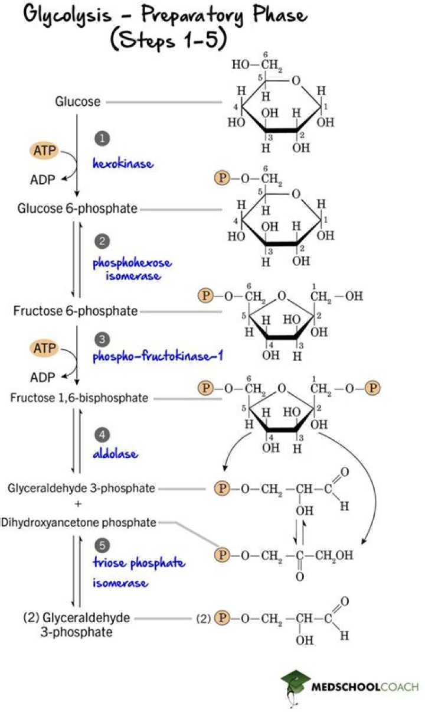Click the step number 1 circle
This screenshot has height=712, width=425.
tap(102, 139)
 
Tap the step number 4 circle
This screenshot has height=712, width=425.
tap(102, 434)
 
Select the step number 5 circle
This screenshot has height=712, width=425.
tap(102, 545)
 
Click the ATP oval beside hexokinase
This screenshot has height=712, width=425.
tap(44, 150)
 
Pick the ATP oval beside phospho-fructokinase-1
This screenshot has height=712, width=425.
tap(44, 348)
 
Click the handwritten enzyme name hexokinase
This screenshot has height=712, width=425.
tap(123, 164)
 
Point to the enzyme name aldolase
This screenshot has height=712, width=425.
tap(116, 453)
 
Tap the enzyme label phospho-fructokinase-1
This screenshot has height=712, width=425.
tap(158, 356)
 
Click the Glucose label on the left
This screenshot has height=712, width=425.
tap(78, 102)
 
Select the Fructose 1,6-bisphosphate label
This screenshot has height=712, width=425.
tap(79, 398)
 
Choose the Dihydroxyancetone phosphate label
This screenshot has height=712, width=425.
tap(79, 522)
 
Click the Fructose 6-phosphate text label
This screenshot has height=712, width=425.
tap(76, 311)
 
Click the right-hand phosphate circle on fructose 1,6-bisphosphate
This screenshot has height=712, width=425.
tap(372, 388)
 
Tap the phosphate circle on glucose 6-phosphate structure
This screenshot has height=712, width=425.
tap(222, 178)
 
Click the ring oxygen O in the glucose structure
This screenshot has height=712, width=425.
tap(296, 80)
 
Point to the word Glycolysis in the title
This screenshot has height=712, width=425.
tap(68, 15)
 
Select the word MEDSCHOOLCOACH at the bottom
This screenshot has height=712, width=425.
tap(365, 687)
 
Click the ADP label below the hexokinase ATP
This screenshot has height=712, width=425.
tap(42, 180)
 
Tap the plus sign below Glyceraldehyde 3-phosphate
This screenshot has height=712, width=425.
tap(78, 504)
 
